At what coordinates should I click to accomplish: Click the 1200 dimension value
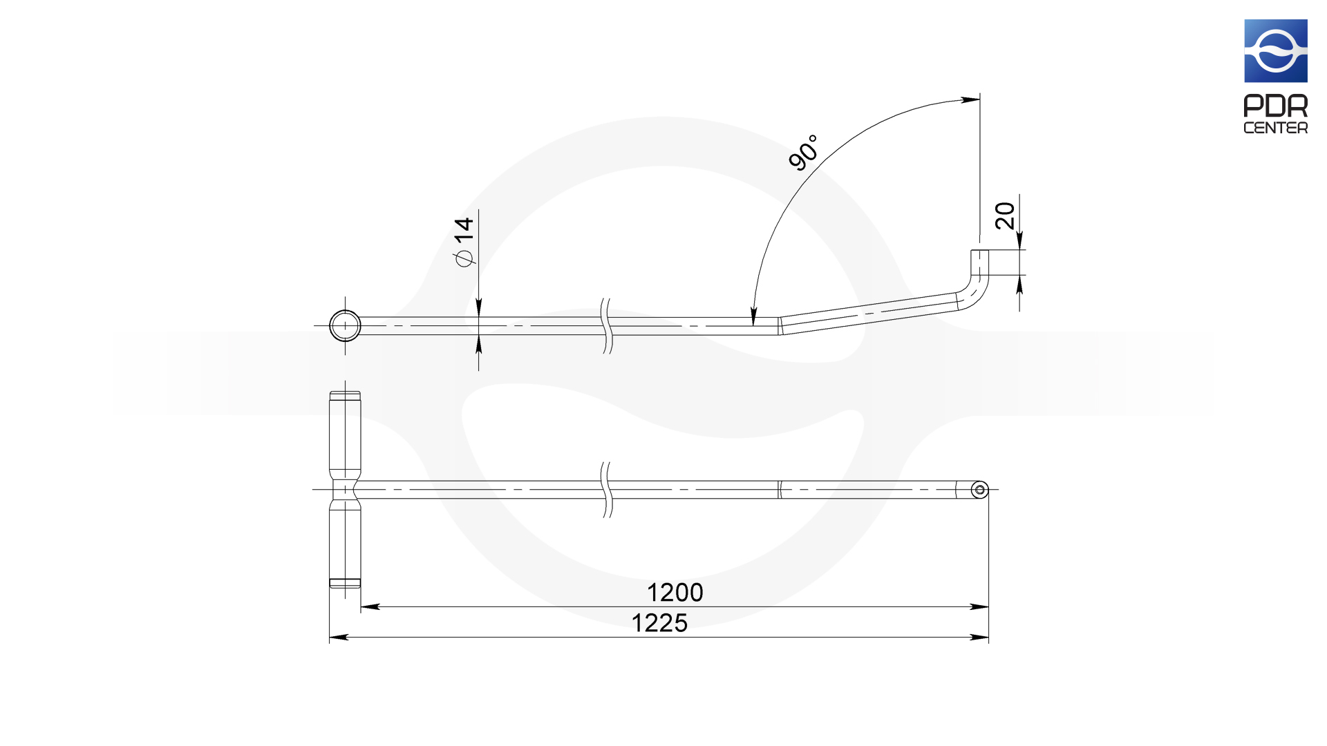675,593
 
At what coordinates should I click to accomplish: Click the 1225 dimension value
659,623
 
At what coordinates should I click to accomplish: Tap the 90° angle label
804,152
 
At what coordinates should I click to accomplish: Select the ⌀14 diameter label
464,242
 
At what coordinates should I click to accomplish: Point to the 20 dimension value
1005,216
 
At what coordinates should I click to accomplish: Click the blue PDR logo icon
1276,51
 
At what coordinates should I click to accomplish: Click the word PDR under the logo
1276,106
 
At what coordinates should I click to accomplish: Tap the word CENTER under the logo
1276,128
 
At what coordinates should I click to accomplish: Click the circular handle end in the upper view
345,325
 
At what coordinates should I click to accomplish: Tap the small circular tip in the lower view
979,490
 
